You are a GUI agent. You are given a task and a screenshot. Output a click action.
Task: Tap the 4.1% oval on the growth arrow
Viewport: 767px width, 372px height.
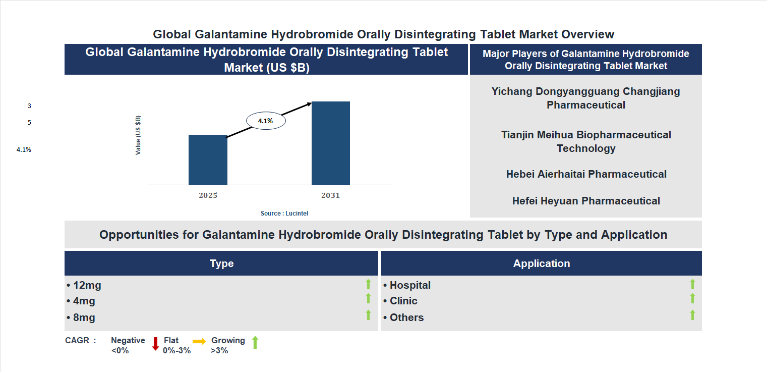click(x=266, y=121)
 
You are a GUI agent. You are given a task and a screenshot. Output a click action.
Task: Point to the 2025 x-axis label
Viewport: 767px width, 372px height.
click(x=208, y=195)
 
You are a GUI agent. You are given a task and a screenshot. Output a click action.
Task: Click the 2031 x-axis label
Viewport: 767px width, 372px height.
click(x=330, y=195)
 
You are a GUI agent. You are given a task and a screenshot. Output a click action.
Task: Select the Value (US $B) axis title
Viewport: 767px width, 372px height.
click(x=138, y=135)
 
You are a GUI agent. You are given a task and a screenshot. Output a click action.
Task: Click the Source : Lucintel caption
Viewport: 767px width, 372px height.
click(x=284, y=214)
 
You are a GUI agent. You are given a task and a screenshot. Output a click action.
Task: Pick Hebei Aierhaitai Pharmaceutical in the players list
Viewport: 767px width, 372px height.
click(x=586, y=174)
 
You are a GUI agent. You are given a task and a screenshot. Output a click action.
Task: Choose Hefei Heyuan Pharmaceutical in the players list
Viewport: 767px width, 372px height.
click(x=586, y=201)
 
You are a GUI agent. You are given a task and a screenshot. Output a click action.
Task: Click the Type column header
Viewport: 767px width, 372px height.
click(x=221, y=263)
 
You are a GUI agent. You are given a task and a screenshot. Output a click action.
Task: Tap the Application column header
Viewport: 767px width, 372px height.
click(x=541, y=263)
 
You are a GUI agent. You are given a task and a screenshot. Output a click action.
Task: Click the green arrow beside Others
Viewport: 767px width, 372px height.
click(x=692, y=315)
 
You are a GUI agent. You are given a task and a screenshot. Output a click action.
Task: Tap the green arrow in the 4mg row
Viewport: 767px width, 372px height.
click(x=368, y=299)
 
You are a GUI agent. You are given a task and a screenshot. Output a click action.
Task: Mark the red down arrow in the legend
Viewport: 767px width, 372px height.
click(x=155, y=344)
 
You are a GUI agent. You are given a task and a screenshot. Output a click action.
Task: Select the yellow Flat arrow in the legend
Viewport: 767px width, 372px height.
click(x=199, y=342)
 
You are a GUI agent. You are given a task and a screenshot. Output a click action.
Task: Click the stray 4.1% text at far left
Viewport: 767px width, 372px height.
click(x=24, y=149)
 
